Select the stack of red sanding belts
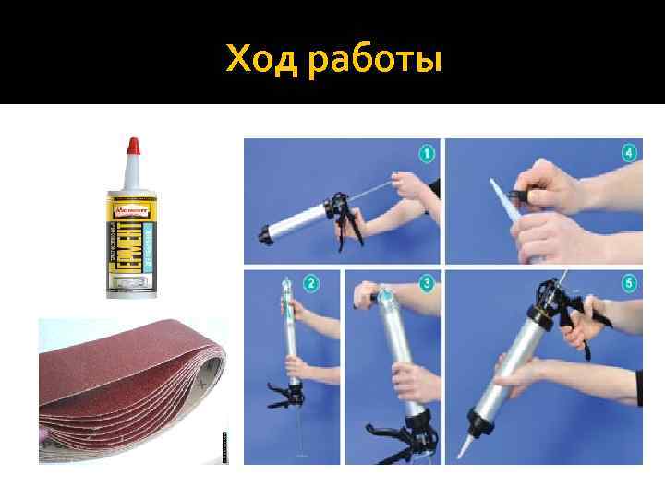pyautogui.click(x=129, y=392)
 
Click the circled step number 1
pyautogui.click(x=428, y=153)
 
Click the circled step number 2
pyautogui.click(x=311, y=283)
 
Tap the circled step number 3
pyautogui.click(x=428, y=283)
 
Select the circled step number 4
pyautogui.click(x=630, y=153)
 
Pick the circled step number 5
pyautogui.click(x=630, y=283)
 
